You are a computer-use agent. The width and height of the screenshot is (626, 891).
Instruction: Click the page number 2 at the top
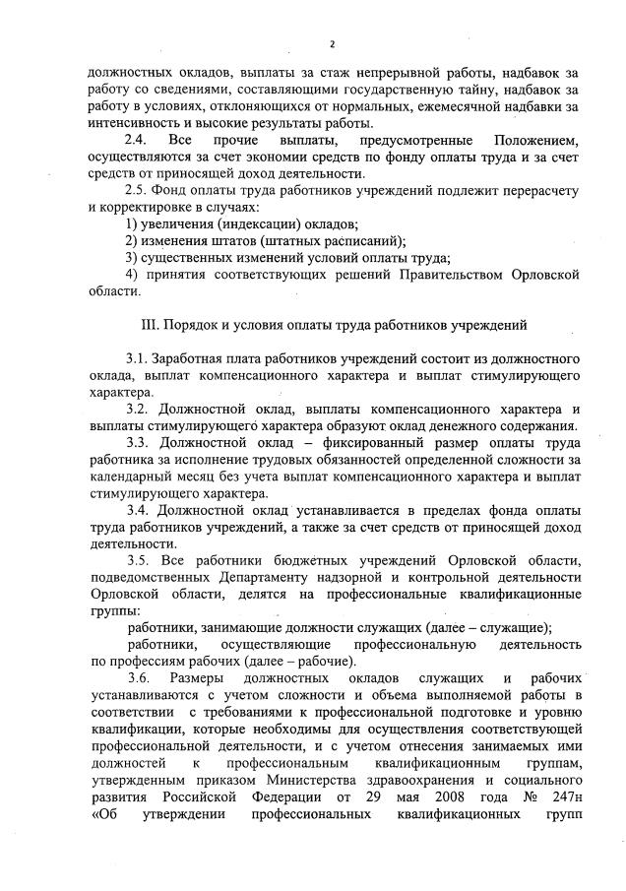[332, 44]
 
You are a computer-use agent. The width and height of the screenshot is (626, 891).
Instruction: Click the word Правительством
[423, 274]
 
